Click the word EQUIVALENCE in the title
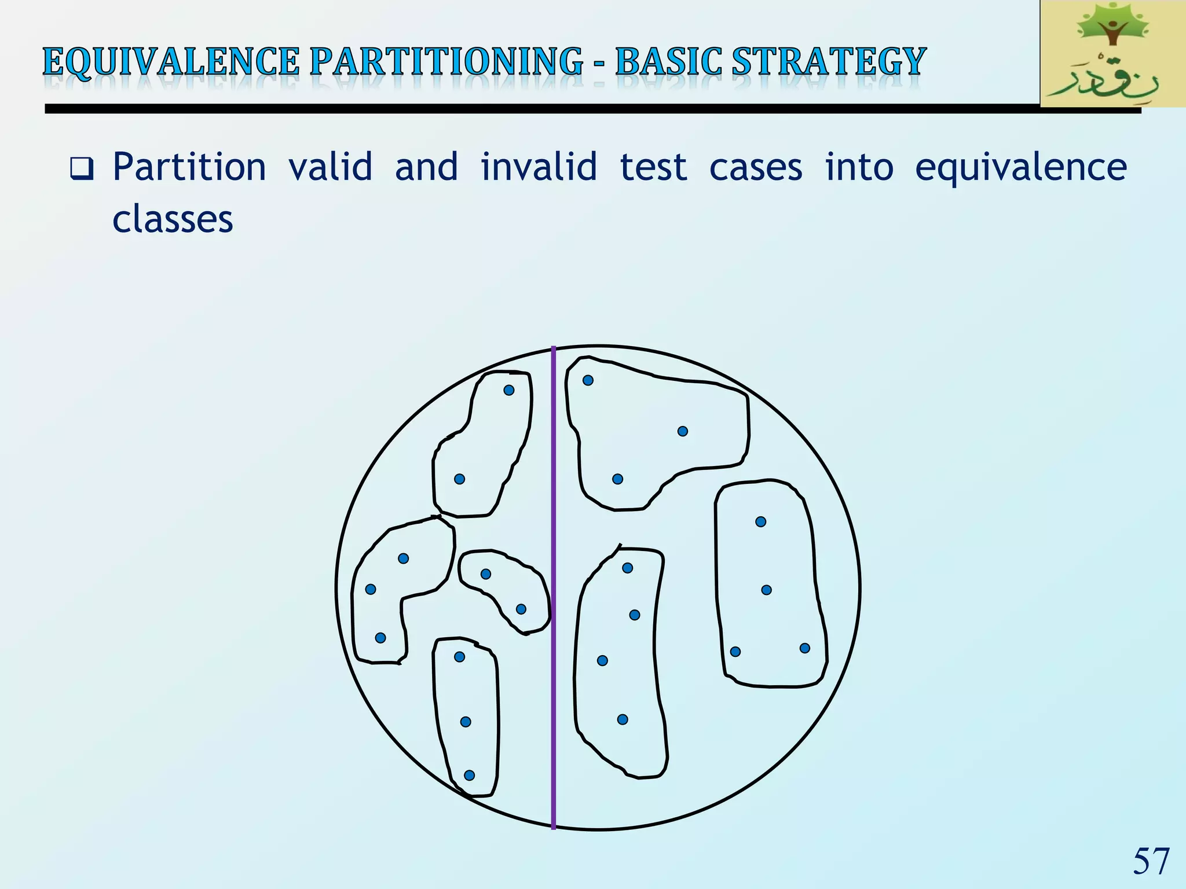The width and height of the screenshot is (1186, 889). coord(171,62)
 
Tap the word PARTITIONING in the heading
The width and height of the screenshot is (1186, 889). coord(446,62)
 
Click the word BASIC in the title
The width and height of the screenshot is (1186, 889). coord(668,62)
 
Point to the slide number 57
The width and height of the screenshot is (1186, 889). coord(1151,861)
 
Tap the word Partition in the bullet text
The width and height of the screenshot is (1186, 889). coord(189,168)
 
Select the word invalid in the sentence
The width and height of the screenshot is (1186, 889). coord(539,168)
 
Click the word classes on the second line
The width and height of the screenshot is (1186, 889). coord(173,220)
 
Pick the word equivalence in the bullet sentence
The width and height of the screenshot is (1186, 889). coord(1020,168)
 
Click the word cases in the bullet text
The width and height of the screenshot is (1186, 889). coord(756,168)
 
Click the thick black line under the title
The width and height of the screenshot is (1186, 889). coord(521,109)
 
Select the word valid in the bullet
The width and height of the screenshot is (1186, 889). coord(330,168)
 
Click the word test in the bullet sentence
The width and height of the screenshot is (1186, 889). coord(653,168)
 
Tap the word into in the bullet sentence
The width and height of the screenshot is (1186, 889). coord(859,168)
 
